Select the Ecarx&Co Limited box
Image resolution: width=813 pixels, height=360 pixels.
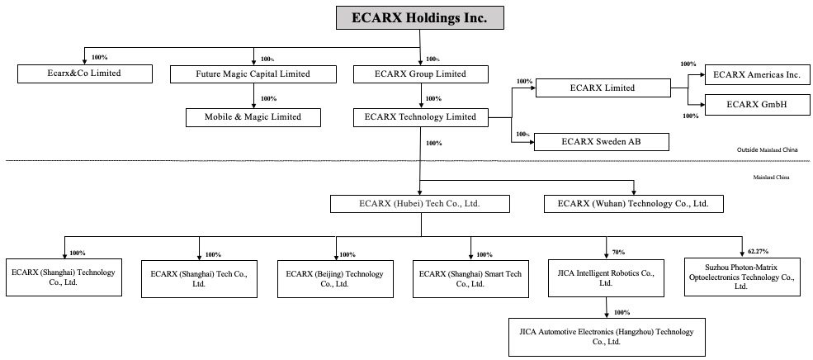85,74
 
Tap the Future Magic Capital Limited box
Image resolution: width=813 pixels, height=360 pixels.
253,74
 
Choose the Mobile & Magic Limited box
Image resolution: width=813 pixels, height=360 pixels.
253,117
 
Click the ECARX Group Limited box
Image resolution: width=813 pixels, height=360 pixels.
419,74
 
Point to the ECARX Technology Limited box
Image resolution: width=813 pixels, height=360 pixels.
419,117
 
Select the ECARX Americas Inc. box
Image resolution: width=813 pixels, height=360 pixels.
756,74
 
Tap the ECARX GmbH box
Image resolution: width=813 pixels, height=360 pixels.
756,105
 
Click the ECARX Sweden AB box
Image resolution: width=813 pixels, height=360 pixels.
601,142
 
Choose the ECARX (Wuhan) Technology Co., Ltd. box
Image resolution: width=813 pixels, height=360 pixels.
633,203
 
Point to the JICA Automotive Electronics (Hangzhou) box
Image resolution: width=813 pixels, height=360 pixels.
607,337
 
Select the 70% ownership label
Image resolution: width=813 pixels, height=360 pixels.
618,252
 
